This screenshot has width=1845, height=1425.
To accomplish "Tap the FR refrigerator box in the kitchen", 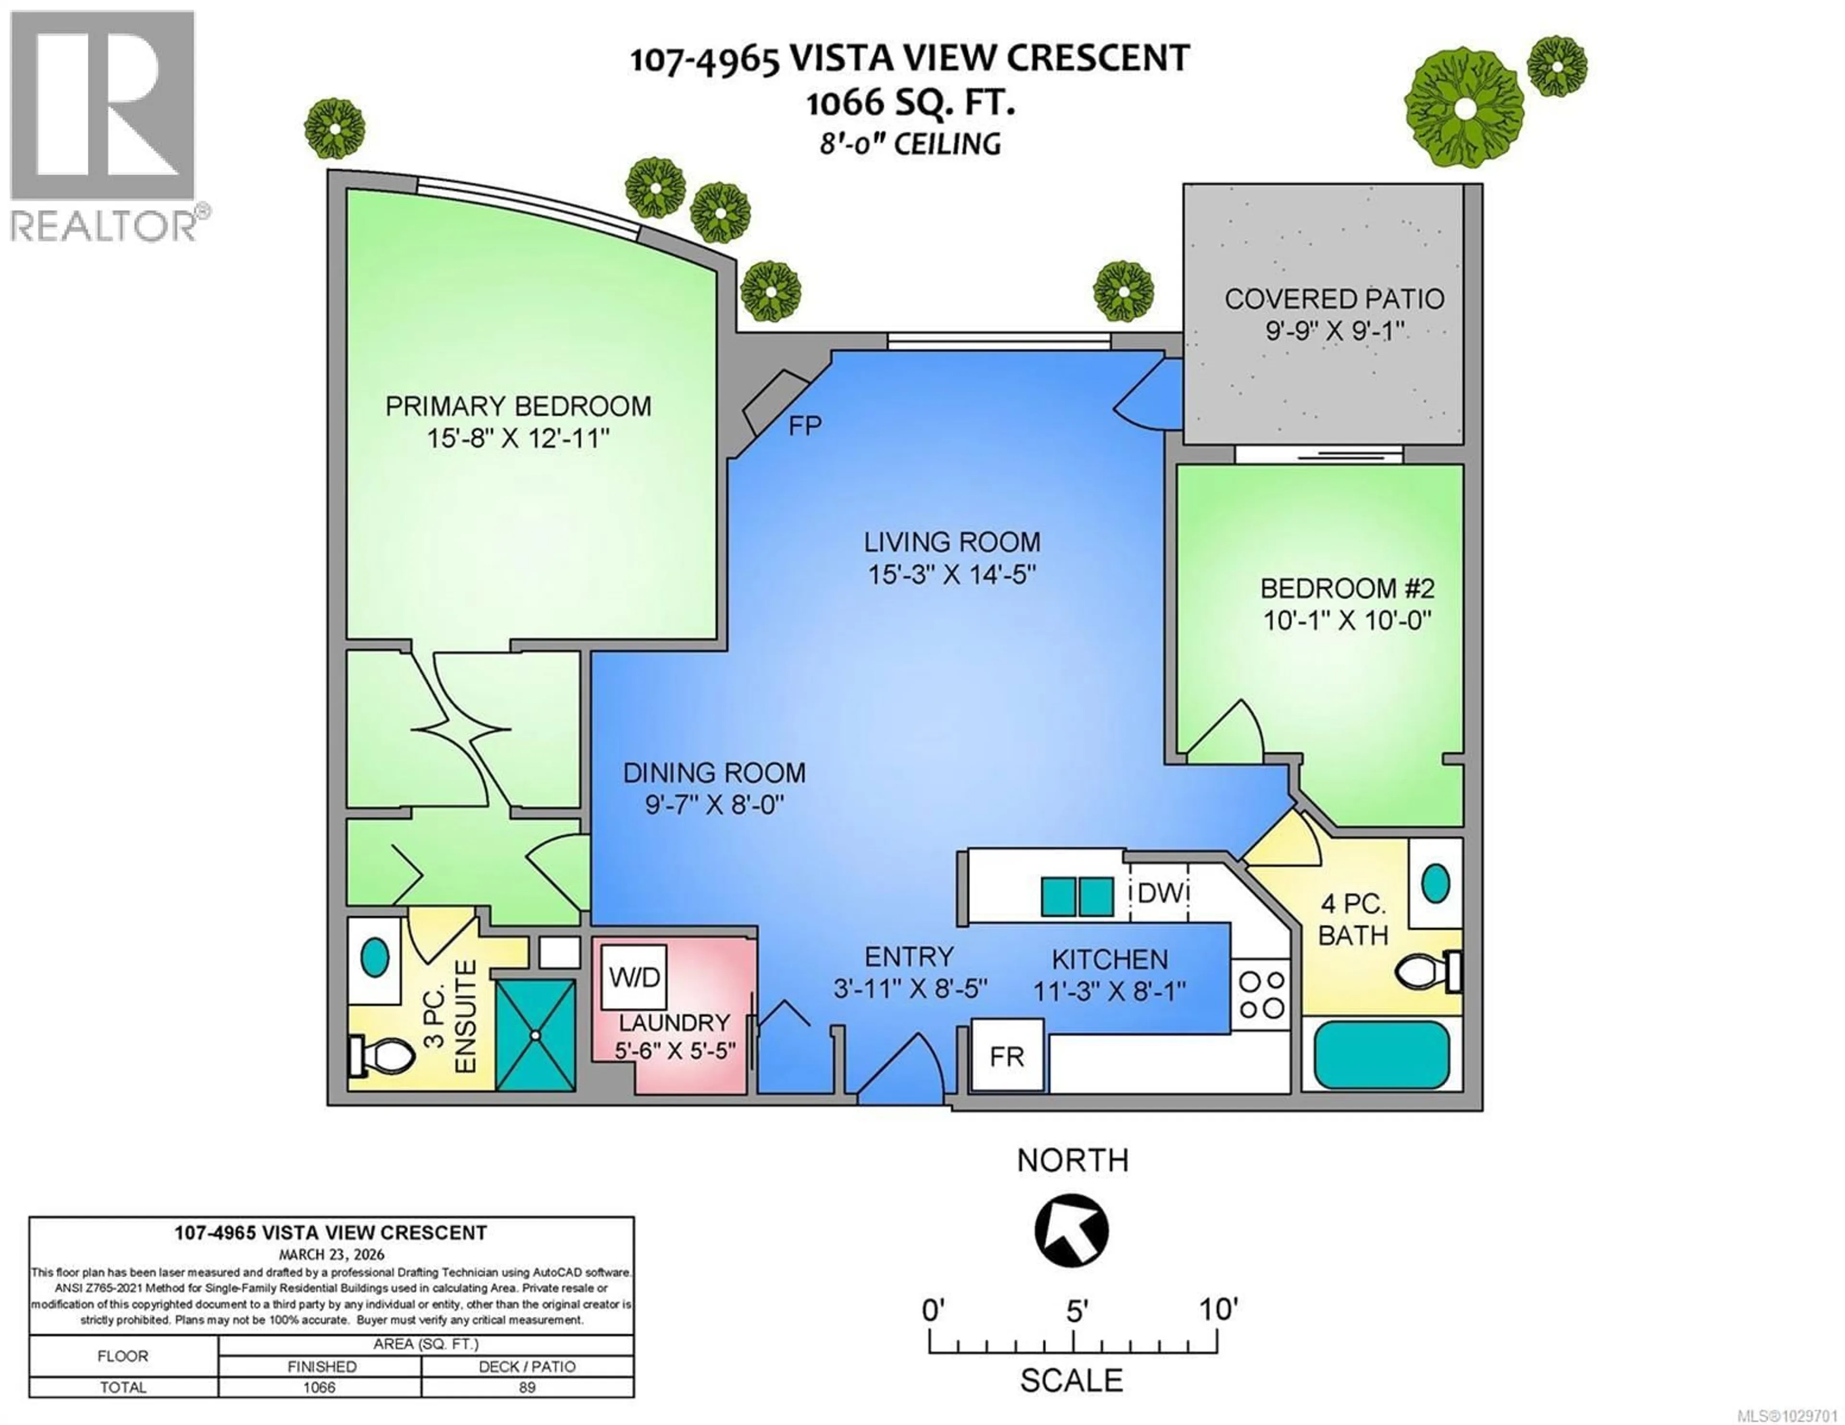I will [x=1007, y=1056].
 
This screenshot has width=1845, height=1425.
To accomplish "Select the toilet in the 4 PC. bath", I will [x=1427, y=972].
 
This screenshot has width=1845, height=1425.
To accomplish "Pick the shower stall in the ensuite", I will [x=536, y=1035].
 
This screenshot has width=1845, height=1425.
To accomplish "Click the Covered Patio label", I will [x=1334, y=299].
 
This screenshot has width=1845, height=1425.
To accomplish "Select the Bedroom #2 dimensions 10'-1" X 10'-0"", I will [x=1347, y=621].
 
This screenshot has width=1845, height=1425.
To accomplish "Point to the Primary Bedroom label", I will [x=518, y=406].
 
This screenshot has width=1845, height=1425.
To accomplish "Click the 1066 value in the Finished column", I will [x=320, y=1387].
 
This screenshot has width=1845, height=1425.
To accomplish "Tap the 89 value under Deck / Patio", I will [x=527, y=1387].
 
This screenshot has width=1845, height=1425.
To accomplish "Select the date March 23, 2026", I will [x=331, y=1254].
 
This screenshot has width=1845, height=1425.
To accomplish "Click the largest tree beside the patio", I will [x=1464, y=107].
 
